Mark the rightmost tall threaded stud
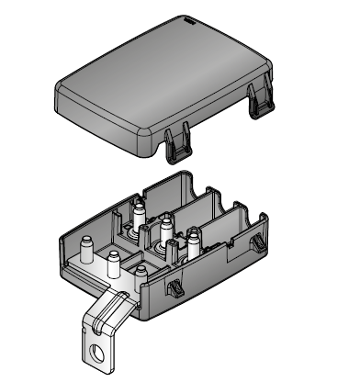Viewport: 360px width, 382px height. tap(195, 243)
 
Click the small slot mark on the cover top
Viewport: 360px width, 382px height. tap(186, 19)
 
